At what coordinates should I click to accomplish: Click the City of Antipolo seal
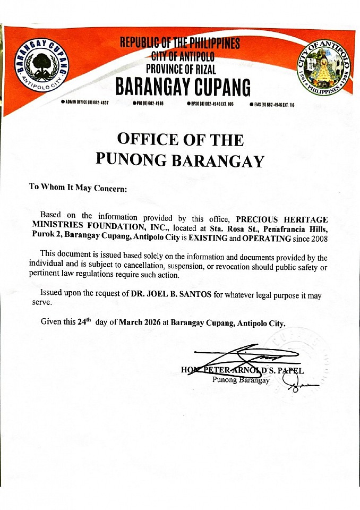pos(324,68)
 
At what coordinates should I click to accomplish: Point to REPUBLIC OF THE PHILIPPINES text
pos(180,42)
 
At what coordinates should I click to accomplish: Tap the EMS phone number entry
pos(272,105)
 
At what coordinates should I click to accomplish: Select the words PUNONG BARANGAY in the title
pos(180,160)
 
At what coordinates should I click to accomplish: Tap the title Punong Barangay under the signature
pos(241,380)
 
